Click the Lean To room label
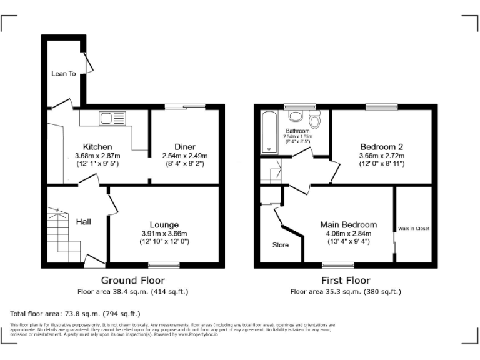coord(63,74)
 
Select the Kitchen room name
coord(97,147)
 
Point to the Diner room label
coord(184,147)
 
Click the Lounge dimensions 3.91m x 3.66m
coord(164,234)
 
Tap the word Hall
coord(84,221)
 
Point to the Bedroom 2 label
coord(381,147)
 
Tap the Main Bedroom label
coord(348,225)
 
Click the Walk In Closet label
coord(414,229)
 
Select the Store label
coord(281,245)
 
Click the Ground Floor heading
coord(132,281)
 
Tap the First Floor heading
coord(345,281)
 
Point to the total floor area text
coord(76,314)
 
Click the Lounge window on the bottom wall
coord(164,265)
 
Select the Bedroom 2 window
coord(381,106)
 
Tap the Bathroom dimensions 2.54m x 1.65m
coord(297,136)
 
